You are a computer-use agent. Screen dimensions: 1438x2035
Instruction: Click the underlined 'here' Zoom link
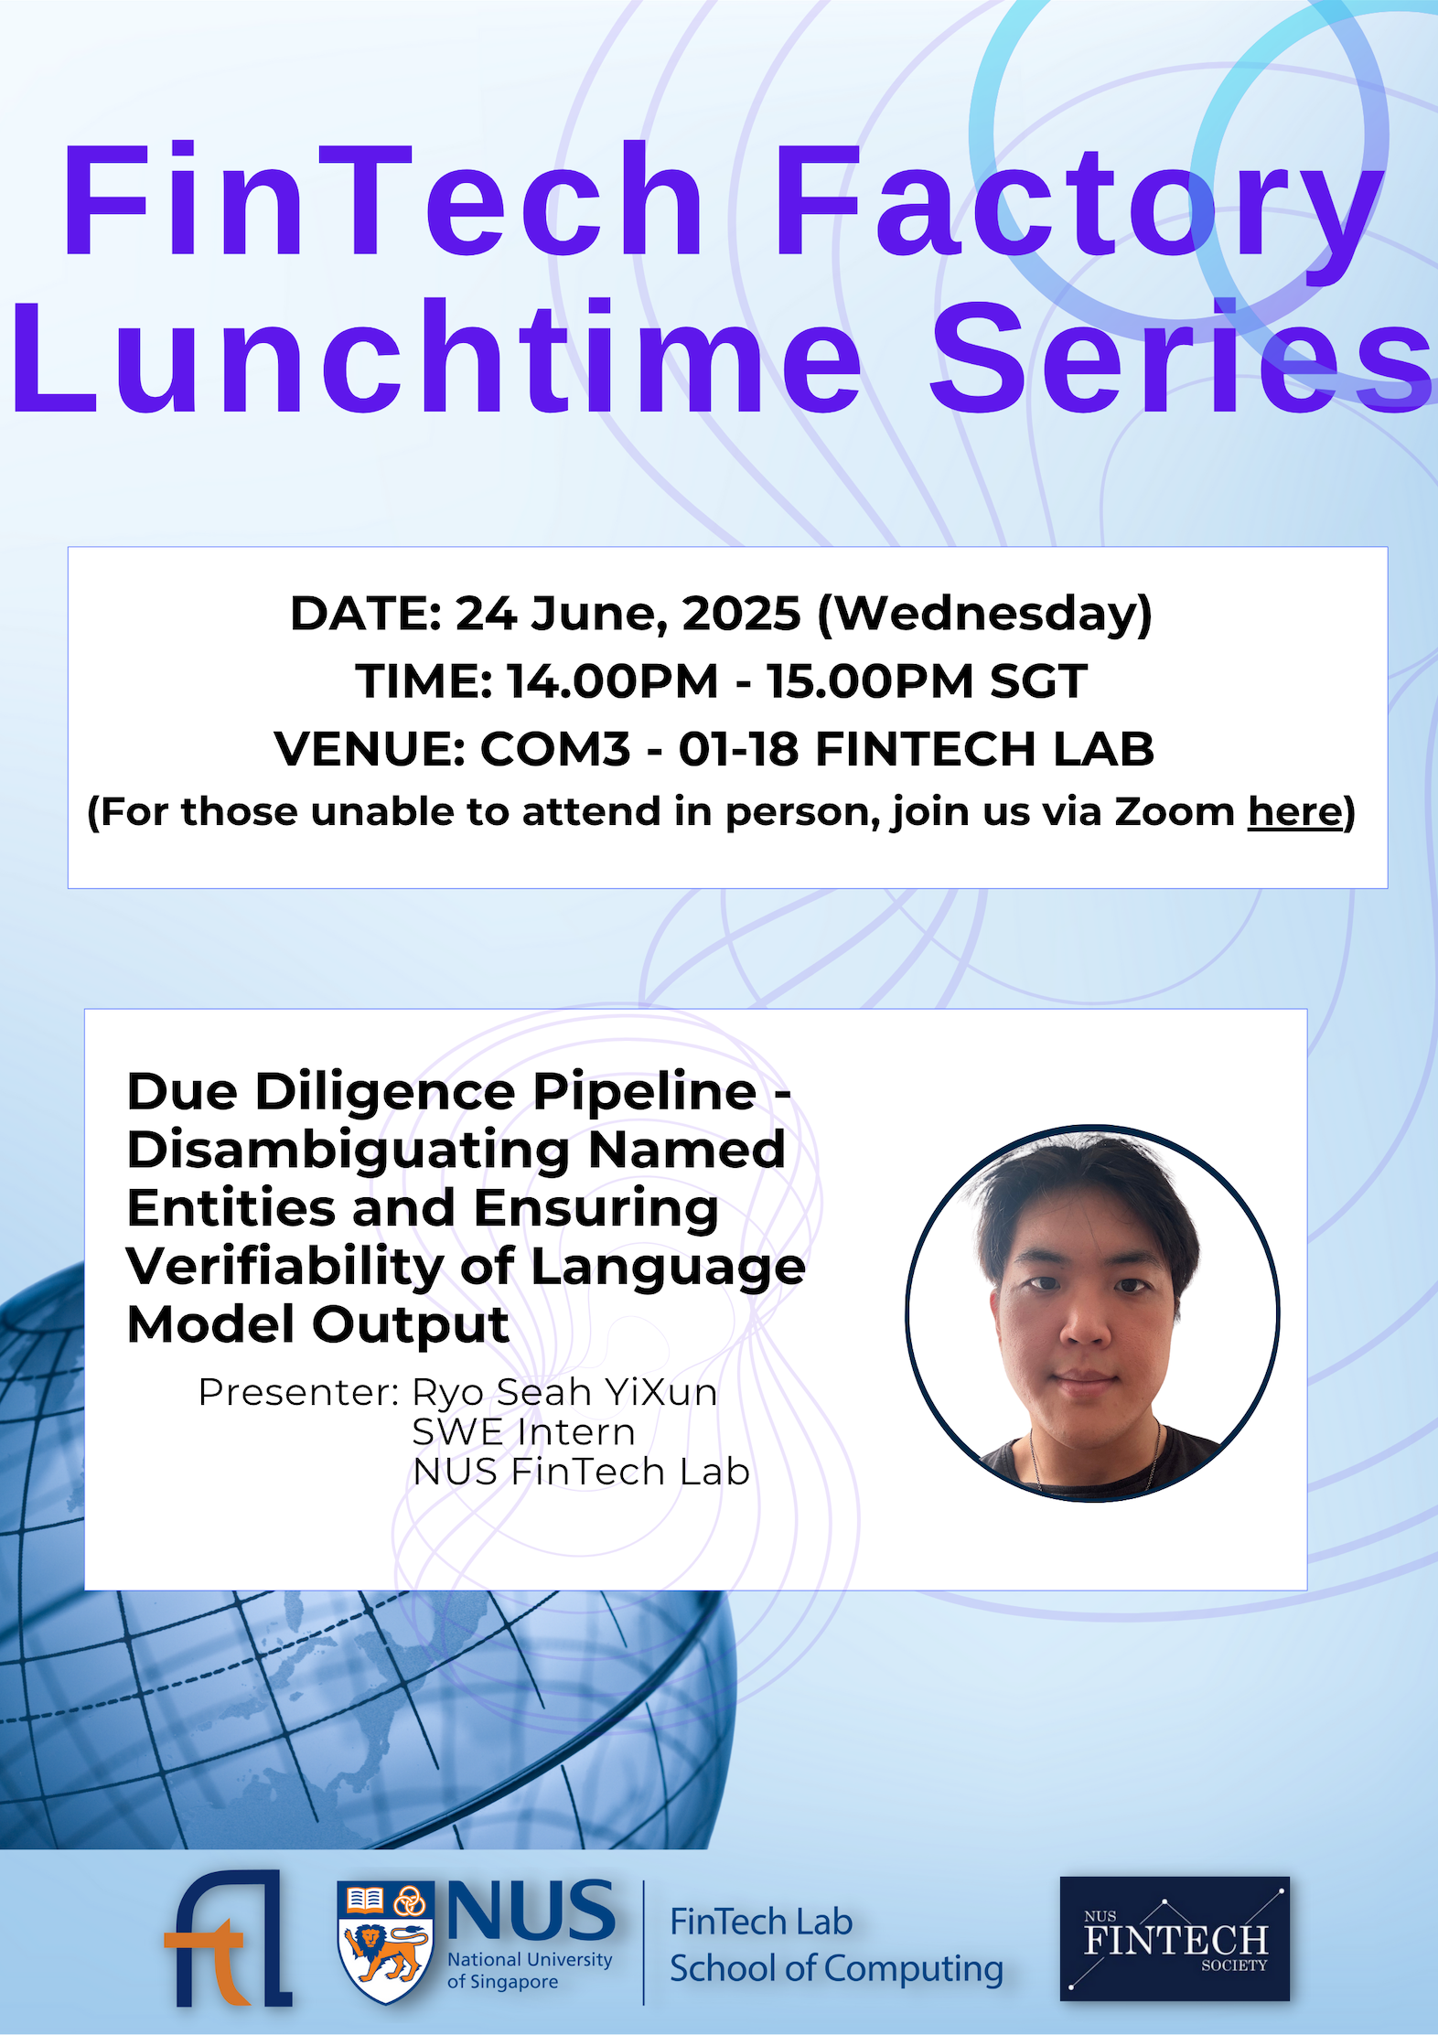click(x=1294, y=812)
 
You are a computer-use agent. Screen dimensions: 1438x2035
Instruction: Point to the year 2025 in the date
click(x=741, y=613)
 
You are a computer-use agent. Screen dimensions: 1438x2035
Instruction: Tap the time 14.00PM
click(x=613, y=681)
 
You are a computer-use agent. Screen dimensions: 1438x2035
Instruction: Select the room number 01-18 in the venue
click(x=738, y=749)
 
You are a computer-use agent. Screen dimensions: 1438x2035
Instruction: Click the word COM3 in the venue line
click(x=555, y=749)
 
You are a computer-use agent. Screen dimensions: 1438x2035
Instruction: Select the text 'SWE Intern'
click(x=523, y=1432)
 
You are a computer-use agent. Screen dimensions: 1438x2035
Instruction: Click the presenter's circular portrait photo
click(x=1092, y=1312)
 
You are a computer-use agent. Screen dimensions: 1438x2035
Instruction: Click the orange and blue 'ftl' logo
click(x=228, y=1938)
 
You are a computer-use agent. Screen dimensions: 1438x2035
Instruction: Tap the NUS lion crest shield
click(x=384, y=1941)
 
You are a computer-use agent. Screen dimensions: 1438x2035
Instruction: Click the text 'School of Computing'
click(x=836, y=1968)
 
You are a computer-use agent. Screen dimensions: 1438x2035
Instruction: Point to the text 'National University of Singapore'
click(x=529, y=1970)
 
